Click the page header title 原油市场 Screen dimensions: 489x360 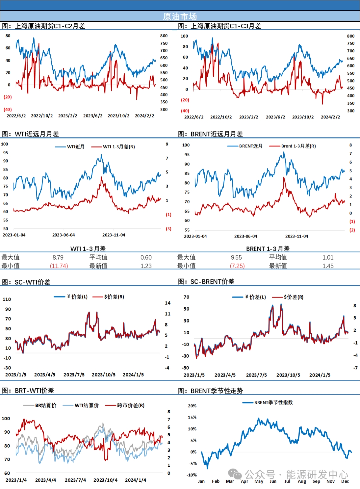(x=180, y=16)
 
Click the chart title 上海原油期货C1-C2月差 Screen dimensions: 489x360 (x=50, y=26)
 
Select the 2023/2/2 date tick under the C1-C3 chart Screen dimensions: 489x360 (x=248, y=117)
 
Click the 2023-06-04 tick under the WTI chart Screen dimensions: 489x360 (x=63, y=235)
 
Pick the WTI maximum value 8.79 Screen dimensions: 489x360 (x=58, y=258)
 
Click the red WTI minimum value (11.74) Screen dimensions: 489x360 (x=59, y=266)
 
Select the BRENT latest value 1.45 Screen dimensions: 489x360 (x=328, y=266)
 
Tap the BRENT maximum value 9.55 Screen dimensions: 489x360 (x=236, y=258)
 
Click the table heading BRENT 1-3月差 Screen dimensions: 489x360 (x=268, y=249)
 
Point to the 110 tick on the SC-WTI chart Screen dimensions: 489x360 (x=7, y=300)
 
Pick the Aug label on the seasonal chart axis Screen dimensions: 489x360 (x=302, y=481)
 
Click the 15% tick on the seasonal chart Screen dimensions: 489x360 (x=192, y=417)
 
